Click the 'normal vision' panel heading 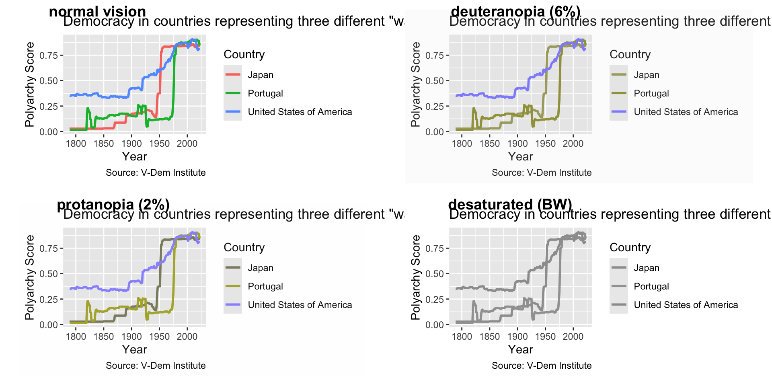pos(97,11)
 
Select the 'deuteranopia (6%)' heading pos(515,11)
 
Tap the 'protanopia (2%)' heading pos(113,204)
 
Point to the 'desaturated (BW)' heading pos(510,204)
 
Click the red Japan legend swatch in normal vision pos(233,75)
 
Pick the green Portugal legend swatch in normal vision pos(233,93)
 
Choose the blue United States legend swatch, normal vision pos(233,112)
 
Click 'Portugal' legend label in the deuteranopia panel pos(651,93)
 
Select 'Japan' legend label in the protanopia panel pos(261,268)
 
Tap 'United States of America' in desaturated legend pos(686,305)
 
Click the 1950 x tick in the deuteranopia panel pos(545,144)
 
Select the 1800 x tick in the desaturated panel pos(462,337)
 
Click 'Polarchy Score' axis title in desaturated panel pos(415,277)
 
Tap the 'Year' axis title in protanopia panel pos(135,349)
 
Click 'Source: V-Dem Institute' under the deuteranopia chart pos(542,172)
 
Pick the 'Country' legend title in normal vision pos(244,54)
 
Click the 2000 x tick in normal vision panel pos(187,144)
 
